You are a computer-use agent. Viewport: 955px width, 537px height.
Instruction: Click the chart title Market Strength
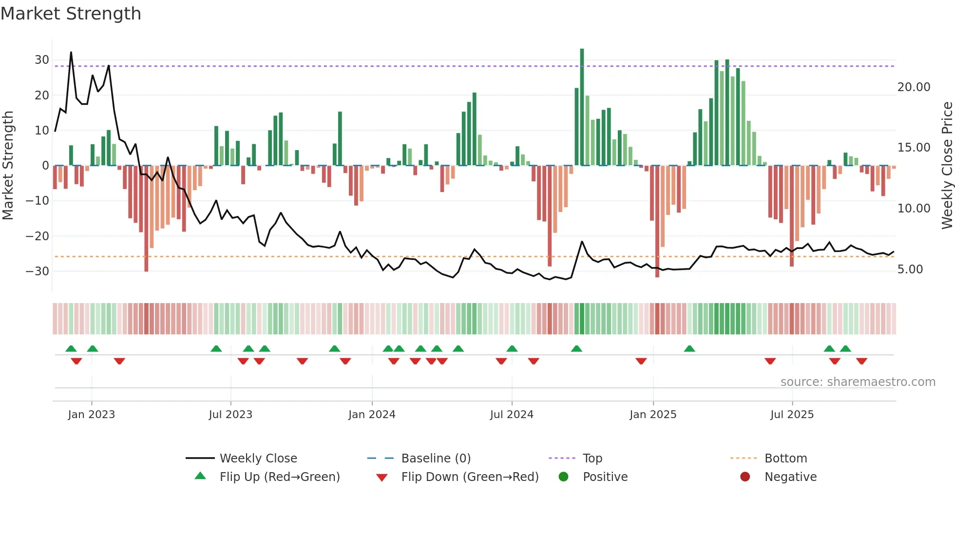coord(71,14)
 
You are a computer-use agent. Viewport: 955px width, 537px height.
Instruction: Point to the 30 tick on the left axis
coord(42,60)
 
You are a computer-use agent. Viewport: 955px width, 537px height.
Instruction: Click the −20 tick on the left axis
coord(38,236)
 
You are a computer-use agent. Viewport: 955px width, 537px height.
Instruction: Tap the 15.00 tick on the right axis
coord(914,148)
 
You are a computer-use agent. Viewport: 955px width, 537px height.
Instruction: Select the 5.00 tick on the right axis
coord(910,269)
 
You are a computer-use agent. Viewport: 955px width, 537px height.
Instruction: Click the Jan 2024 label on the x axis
coord(372,415)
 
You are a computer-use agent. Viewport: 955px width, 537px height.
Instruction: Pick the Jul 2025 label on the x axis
coord(792,415)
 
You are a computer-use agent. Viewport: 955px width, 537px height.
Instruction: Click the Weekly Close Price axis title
coord(947,166)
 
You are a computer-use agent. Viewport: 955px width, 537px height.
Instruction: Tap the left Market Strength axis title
coord(8,166)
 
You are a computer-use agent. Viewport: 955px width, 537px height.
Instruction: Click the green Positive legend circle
coord(564,477)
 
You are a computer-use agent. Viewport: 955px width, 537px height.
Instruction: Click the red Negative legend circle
coord(745,477)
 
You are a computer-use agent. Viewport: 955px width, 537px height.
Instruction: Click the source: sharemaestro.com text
coord(858,382)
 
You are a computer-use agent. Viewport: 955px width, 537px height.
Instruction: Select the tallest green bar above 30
coord(582,107)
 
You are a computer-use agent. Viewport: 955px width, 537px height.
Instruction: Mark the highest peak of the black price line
coord(71,52)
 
